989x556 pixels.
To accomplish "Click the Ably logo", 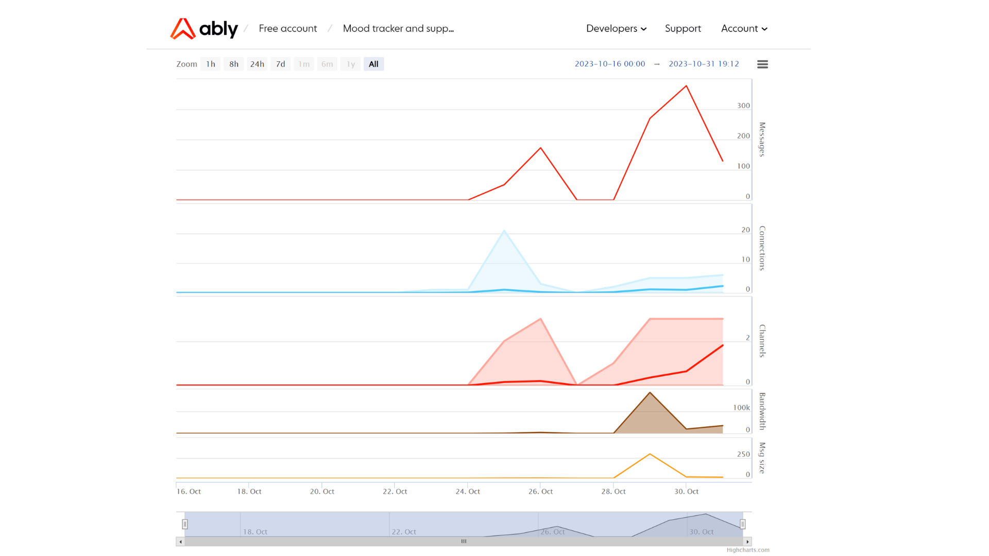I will (204, 29).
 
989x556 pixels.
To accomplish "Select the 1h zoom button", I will (211, 64).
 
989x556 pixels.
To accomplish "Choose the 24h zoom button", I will (257, 64).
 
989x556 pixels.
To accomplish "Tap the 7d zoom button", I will (281, 64).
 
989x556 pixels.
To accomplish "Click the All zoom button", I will (373, 64).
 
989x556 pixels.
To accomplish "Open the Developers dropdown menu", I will (616, 29).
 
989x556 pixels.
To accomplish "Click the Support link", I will (683, 29).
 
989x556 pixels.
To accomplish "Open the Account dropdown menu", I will (744, 29).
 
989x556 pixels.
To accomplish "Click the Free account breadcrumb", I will (287, 29).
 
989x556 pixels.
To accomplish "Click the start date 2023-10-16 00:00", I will (610, 64).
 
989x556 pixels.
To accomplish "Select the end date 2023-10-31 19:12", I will (704, 64).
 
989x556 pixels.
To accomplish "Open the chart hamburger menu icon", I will (762, 64).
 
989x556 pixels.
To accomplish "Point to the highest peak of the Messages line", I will (686, 86).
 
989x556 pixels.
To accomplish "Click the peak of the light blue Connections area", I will (504, 231).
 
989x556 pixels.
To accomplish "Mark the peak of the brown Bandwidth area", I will (650, 393).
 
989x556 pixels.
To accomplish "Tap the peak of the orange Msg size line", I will (650, 454).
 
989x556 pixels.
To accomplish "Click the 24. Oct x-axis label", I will (468, 492).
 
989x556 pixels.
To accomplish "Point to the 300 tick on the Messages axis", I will (743, 106).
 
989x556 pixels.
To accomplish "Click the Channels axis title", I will (762, 341).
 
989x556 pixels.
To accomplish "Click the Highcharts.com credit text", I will (748, 550).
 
